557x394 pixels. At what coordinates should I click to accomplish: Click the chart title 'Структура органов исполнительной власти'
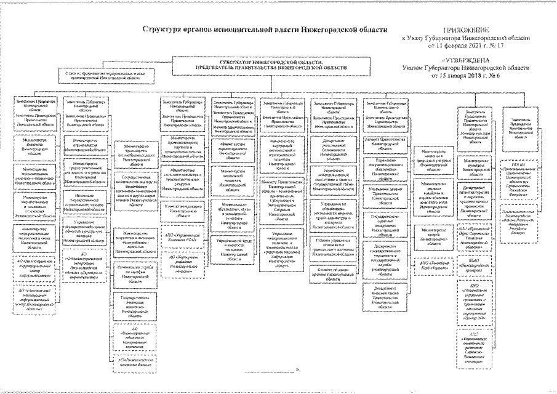pos(265,29)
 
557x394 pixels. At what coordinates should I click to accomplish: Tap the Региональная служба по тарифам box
pos(135,273)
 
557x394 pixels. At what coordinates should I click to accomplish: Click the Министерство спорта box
pos(435,235)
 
